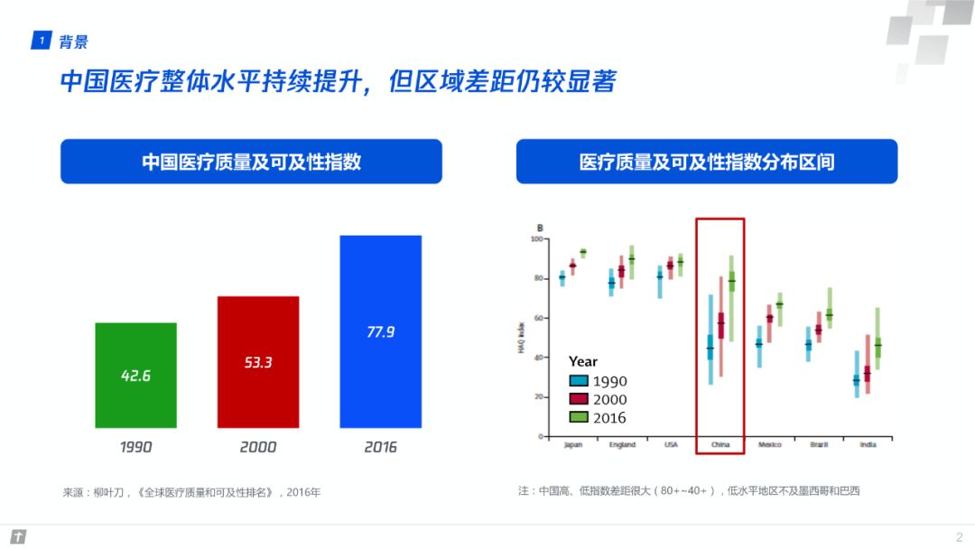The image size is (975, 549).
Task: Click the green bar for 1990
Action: tap(135, 375)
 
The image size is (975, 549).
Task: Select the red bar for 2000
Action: tap(257, 361)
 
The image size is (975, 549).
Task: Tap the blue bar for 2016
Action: tap(380, 331)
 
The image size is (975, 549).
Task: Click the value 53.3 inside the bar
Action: tap(257, 362)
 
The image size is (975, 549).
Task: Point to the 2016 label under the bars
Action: tap(380, 447)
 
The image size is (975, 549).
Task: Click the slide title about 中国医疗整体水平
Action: tap(338, 82)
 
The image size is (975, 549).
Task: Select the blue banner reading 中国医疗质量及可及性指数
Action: tap(251, 162)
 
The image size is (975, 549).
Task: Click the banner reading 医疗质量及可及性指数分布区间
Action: tap(706, 162)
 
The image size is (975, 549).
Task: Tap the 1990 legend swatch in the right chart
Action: tap(579, 381)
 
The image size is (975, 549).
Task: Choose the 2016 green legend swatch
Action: tap(579, 417)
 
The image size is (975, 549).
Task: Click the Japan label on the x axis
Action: tap(572, 445)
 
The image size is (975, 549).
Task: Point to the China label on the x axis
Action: tap(720, 445)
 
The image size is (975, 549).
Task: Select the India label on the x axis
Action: tap(868, 445)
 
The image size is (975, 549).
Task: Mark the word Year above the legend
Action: tap(583, 361)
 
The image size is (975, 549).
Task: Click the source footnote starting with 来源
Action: tap(191, 492)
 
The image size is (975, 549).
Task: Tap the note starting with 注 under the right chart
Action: tap(689, 491)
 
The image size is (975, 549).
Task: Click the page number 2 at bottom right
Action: tap(959, 536)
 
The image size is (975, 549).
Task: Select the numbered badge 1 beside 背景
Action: tap(40, 42)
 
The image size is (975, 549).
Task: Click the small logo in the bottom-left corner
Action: tap(17, 537)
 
